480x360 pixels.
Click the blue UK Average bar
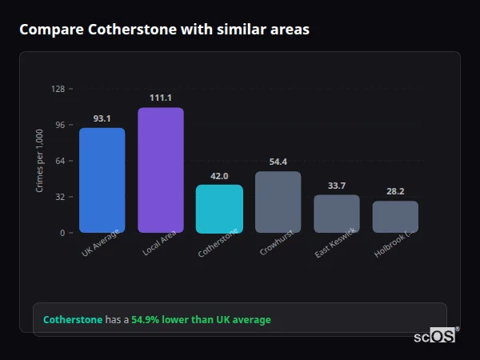click(102, 180)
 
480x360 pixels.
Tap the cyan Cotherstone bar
click(219, 209)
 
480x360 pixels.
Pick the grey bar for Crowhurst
click(278, 202)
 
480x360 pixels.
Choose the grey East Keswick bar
click(336, 214)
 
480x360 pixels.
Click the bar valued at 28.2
click(395, 217)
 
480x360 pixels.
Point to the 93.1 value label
click(102, 118)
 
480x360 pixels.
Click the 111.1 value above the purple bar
click(160, 98)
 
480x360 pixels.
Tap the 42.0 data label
click(219, 176)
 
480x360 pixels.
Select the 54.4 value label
click(278, 162)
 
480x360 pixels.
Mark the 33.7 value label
click(337, 186)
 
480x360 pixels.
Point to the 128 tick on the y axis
click(58, 89)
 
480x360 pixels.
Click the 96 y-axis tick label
click(59, 125)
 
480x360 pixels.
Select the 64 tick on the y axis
click(59, 161)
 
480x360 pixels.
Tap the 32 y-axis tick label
click(59, 197)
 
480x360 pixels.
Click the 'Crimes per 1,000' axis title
click(40, 161)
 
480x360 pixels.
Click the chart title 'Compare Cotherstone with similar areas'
click(164, 30)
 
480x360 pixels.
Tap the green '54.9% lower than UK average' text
click(201, 320)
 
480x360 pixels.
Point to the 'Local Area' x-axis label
click(160, 244)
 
